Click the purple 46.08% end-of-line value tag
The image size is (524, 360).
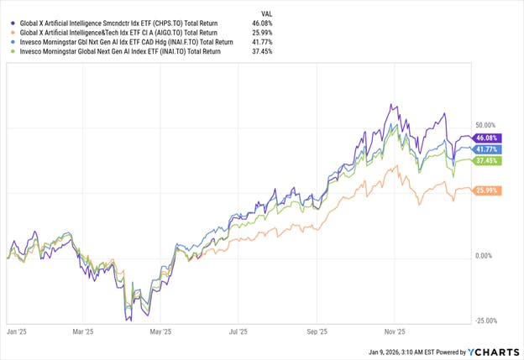[488, 138]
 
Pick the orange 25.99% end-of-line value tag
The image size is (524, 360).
[488, 191]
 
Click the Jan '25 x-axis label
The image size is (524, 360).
[17, 332]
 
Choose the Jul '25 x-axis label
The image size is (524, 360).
[238, 332]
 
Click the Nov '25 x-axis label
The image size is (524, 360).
[395, 332]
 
